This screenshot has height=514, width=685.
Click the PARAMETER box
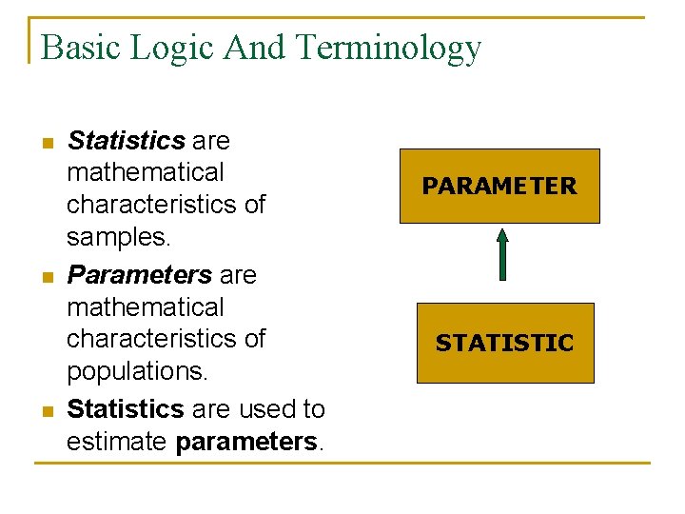pyautogui.click(x=499, y=186)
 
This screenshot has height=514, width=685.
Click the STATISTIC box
pyautogui.click(x=505, y=343)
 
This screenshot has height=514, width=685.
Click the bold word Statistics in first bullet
pyautogui.click(x=127, y=141)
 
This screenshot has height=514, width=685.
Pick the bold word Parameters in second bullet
pyautogui.click(x=140, y=275)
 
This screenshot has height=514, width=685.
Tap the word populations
pyautogui.click(x=137, y=369)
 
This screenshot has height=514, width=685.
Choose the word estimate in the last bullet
pyautogui.click(x=117, y=441)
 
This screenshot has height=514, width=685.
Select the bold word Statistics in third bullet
pyautogui.click(x=126, y=409)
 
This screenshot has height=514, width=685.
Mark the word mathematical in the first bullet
pyautogui.click(x=146, y=172)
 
